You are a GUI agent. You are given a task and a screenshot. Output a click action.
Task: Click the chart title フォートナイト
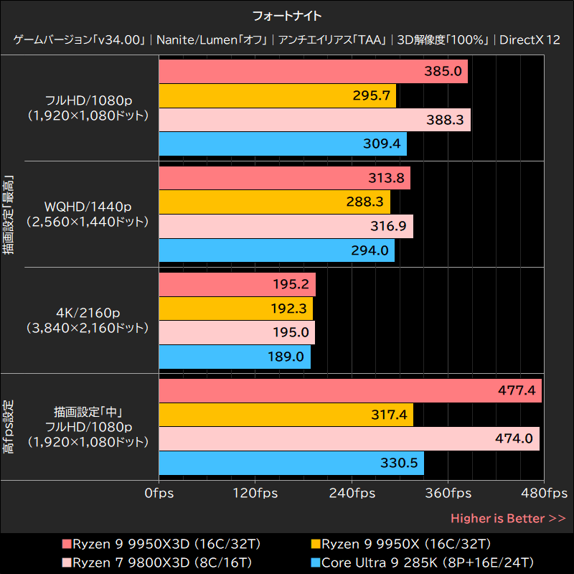point(287,14)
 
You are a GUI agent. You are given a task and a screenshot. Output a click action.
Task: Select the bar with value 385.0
point(312,72)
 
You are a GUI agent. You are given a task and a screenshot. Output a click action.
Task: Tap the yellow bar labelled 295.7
point(276,96)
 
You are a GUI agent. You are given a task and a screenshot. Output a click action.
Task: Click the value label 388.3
point(445,121)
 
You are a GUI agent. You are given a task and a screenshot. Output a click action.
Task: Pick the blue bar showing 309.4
point(282,144)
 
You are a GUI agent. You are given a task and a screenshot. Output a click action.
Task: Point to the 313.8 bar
point(283,179)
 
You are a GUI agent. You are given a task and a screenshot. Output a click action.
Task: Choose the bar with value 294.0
point(276,250)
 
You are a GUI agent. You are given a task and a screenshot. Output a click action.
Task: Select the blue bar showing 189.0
point(234,357)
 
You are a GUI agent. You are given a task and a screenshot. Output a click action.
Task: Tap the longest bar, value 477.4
point(349,391)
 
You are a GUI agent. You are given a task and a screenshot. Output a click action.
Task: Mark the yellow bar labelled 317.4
point(285,415)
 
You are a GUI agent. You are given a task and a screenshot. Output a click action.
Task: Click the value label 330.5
point(399,464)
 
